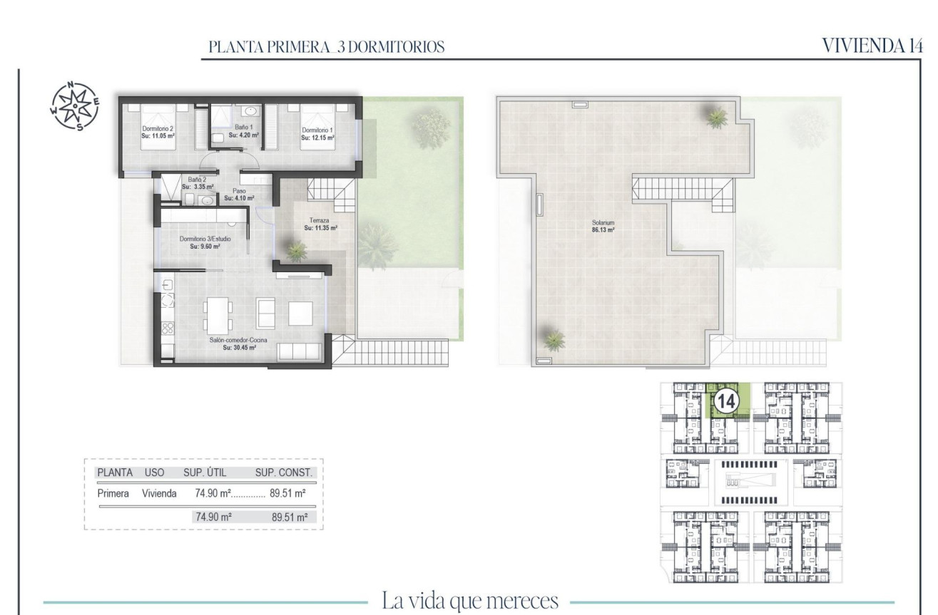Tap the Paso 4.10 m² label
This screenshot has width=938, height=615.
[x=239, y=195]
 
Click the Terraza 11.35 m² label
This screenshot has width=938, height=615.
[x=320, y=224]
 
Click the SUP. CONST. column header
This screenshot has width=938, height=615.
[x=283, y=472]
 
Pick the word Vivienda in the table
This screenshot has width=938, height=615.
[x=160, y=493]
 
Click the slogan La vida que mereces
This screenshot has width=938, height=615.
[x=469, y=601]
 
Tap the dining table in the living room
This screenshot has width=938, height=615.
[x=217, y=314]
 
